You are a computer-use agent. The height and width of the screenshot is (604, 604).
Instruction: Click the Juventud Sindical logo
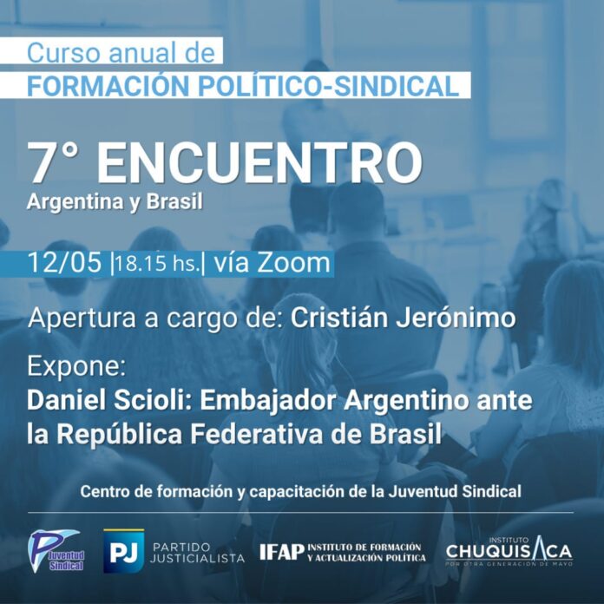click(56, 551)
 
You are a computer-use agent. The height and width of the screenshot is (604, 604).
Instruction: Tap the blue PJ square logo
click(123, 551)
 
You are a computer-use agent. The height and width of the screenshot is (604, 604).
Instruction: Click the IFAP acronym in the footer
click(281, 553)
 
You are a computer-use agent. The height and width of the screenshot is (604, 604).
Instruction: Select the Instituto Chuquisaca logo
click(509, 551)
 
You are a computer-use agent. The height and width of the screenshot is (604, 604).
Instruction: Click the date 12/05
click(65, 263)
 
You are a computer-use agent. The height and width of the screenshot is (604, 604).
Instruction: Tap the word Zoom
click(294, 263)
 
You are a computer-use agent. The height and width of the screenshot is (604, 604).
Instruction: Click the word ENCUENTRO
click(259, 163)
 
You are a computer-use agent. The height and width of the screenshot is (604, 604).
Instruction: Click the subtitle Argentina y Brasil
click(115, 202)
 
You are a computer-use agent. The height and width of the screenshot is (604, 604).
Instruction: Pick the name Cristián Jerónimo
click(403, 318)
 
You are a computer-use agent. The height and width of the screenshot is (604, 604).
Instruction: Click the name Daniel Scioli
click(111, 401)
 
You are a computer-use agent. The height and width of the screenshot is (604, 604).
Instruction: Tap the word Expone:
click(76, 367)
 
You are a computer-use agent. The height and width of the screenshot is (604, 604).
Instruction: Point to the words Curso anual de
click(121, 53)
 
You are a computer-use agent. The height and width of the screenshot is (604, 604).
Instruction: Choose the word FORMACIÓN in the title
click(108, 86)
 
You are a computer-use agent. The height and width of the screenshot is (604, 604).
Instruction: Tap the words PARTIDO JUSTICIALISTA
click(197, 553)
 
